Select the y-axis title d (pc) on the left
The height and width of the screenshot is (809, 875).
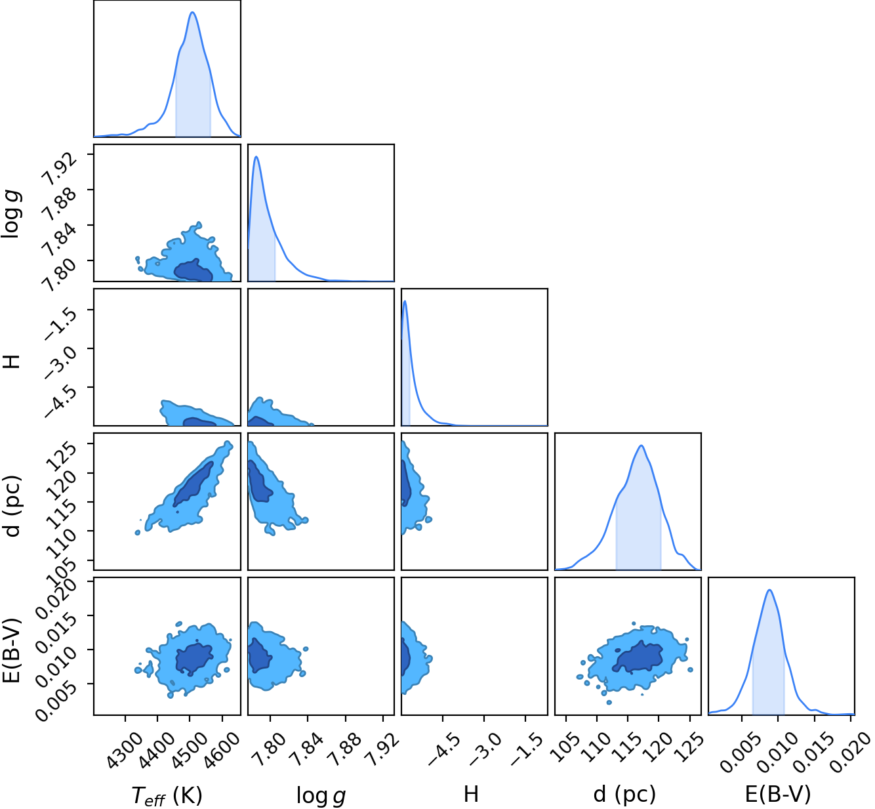pyautogui.click(x=12, y=505)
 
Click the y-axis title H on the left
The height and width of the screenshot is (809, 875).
pyautogui.click(x=12, y=362)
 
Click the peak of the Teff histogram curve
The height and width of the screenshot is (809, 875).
pyautogui.click(x=193, y=12)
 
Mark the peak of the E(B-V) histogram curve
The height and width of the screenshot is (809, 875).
pyautogui.click(x=769, y=590)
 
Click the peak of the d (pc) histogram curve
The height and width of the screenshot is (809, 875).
pyautogui.click(x=641, y=446)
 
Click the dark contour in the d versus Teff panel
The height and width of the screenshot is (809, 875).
pyautogui.click(x=194, y=484)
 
